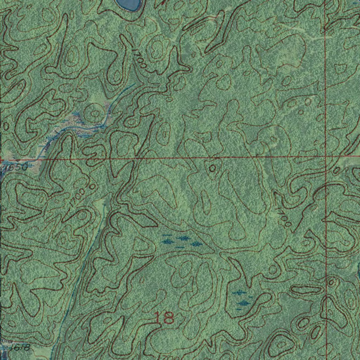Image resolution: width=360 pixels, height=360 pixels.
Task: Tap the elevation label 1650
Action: pyautogui.click(x=15, y=168)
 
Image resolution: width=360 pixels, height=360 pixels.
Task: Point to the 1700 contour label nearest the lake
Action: pyautogui.click(x=140, y=58)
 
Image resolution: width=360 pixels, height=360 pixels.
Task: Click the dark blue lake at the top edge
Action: pyautogui.click(x=129, y=4)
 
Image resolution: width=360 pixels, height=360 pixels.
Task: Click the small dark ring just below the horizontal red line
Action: pyautogui.click(x=212, y=168)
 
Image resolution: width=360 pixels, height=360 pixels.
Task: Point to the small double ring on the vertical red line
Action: pyautogui.click(x=330, y=282)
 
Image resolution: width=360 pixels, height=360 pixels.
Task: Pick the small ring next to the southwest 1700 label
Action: pyautogui.click(x=92, y=186)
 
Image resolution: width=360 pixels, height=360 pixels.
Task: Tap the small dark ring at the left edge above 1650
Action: pyautogui.click(x=6, y=126)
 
